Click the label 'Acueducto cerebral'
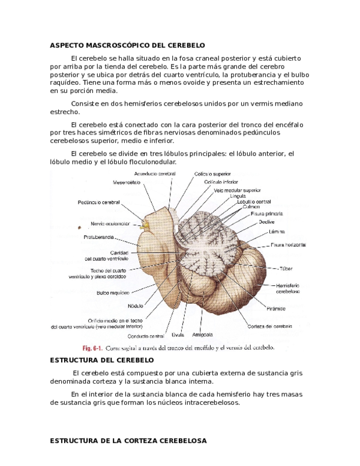click(x=155, y=174)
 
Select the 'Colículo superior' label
click(x=212, y=174)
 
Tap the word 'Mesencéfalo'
click(x=127, y=182)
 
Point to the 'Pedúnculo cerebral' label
click(x=98, y=202)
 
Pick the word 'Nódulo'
click(x=135, y=305)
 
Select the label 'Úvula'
click(x=177, y=334)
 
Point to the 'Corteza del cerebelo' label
click(x=269, y=326)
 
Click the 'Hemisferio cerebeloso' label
click(x=288, y=288)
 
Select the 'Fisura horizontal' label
click(x=288, y=244)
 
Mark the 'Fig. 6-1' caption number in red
click(x=92, y=348)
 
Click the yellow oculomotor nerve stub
click(x=144, y=225)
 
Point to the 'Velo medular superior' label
click(x=237, y=190)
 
